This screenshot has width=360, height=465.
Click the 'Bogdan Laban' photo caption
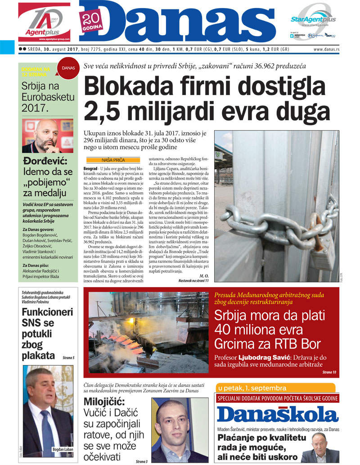[61, 449]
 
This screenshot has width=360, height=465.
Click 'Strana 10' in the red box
[329, 372]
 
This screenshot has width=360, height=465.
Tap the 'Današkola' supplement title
[277, 415]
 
